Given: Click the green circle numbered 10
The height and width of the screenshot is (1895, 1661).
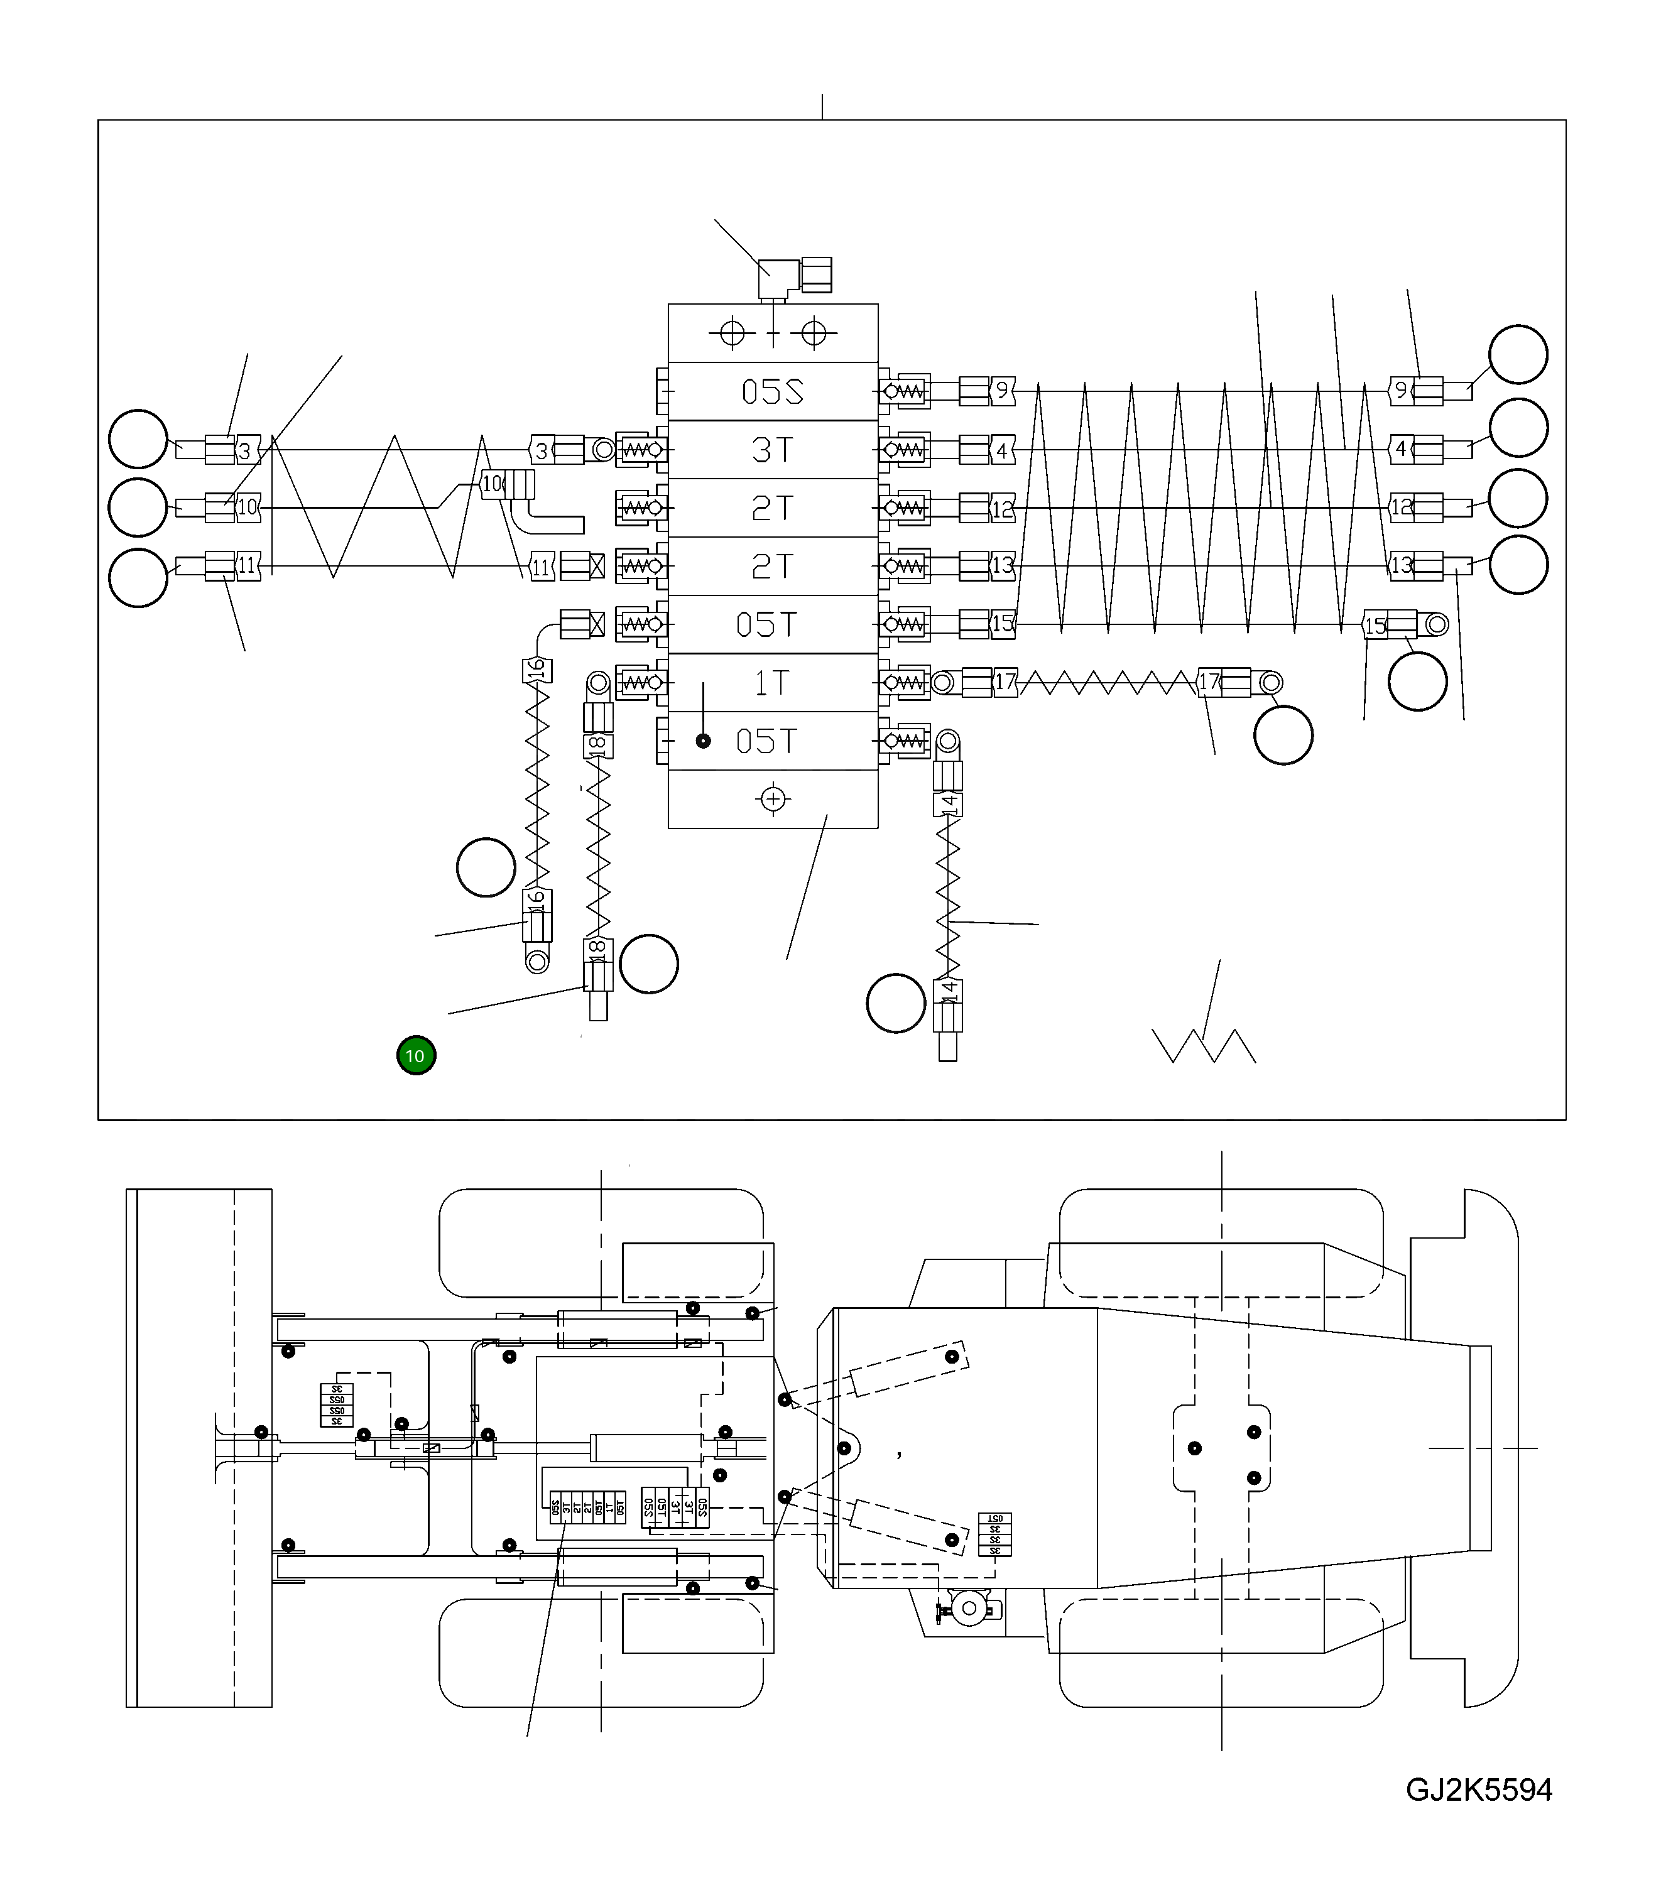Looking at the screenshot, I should pyautogui.click(x=416, y=1055).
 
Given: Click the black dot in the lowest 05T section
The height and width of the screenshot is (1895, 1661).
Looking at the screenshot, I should pyautogui.click(x=704, y=741).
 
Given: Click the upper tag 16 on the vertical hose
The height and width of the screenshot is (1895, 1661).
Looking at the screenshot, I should pyautogui.click(x=536, y=670).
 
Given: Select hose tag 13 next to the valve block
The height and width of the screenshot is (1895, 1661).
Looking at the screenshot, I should pyautogui.click(x=1003, y=565).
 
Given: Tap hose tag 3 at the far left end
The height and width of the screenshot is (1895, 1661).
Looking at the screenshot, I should pyautogui.click(x=246, y=450).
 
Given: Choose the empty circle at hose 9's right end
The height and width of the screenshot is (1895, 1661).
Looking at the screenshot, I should pyautogui.click(x=1518, y=354).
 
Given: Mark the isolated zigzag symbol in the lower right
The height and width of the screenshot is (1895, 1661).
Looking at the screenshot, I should pyautogui.click(x=1203, y=1045).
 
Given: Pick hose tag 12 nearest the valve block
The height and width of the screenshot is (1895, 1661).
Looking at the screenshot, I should pyautogui.click(x=1003, y=508).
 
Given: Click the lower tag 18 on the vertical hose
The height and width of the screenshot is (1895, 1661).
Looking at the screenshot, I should pyautogui.click(x=598, y=949).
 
